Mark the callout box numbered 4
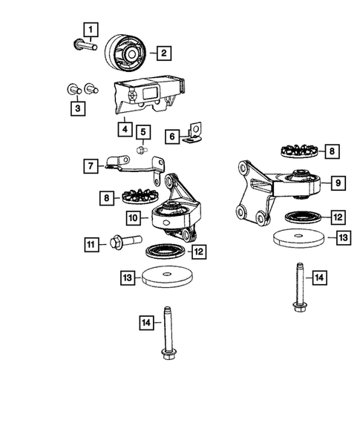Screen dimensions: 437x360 (123, 128)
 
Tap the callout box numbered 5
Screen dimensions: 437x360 (143, 133)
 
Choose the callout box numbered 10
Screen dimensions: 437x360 (133, 219)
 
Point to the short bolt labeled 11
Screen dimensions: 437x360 (122, 242)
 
